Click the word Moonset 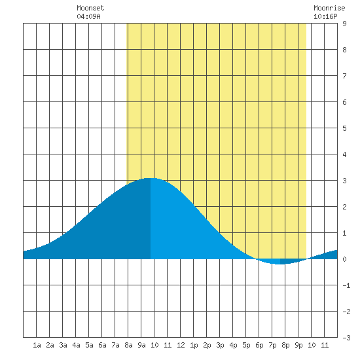90,8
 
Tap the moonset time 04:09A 88,16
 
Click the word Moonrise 329,8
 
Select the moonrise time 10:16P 325,16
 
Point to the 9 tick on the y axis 344,24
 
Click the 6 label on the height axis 344,102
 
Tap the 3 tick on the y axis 344,181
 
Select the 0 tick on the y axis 344,259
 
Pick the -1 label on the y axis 346,285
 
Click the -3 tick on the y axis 346,338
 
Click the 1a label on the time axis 37,345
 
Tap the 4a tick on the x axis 76,345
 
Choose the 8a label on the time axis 128,345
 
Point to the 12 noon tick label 181,345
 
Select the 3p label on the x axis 220,345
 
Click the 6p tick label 259,345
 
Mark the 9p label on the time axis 298,345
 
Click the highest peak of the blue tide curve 150,178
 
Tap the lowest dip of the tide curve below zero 279,264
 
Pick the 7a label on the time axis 115,345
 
